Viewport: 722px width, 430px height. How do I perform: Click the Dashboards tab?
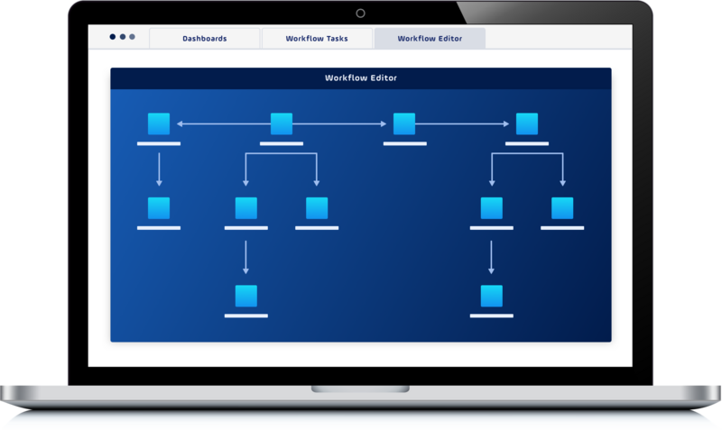(x=205, y=38)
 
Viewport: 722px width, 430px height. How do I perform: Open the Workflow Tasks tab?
(x=317, y=38)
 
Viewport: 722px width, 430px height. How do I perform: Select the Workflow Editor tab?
(x=430, y=38)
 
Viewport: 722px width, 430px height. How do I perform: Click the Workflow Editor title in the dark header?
(x=360, y=78)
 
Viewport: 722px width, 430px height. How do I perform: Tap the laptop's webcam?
(x=360, y=14)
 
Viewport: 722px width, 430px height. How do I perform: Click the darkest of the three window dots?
(x=112, y=37)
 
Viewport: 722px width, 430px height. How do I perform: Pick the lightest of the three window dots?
(x=132, y=37)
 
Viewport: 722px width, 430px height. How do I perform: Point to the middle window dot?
(x=123, y=37)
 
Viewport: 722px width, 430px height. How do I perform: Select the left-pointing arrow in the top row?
(x=224, y=124)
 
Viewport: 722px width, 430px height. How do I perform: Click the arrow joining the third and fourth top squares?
(x=462, y=124)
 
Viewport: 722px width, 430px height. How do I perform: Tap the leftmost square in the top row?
(x=159, y=124)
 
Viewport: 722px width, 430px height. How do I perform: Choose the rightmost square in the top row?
(x=527, y=124)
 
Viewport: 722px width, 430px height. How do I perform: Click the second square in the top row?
(x=282, y=124)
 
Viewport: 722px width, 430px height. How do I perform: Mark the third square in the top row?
(x=404, y=124)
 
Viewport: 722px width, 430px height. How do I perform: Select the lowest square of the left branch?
(x=246, y=296)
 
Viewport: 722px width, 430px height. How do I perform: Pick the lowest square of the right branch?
(x=492, y=296)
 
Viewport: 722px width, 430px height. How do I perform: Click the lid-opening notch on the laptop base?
(x=360, y=389)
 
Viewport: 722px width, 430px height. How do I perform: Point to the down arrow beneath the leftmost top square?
(x=160, y=169)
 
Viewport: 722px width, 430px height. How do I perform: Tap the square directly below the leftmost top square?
(x=159, y=208)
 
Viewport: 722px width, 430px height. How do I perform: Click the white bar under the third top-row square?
(x=404, y=143)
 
